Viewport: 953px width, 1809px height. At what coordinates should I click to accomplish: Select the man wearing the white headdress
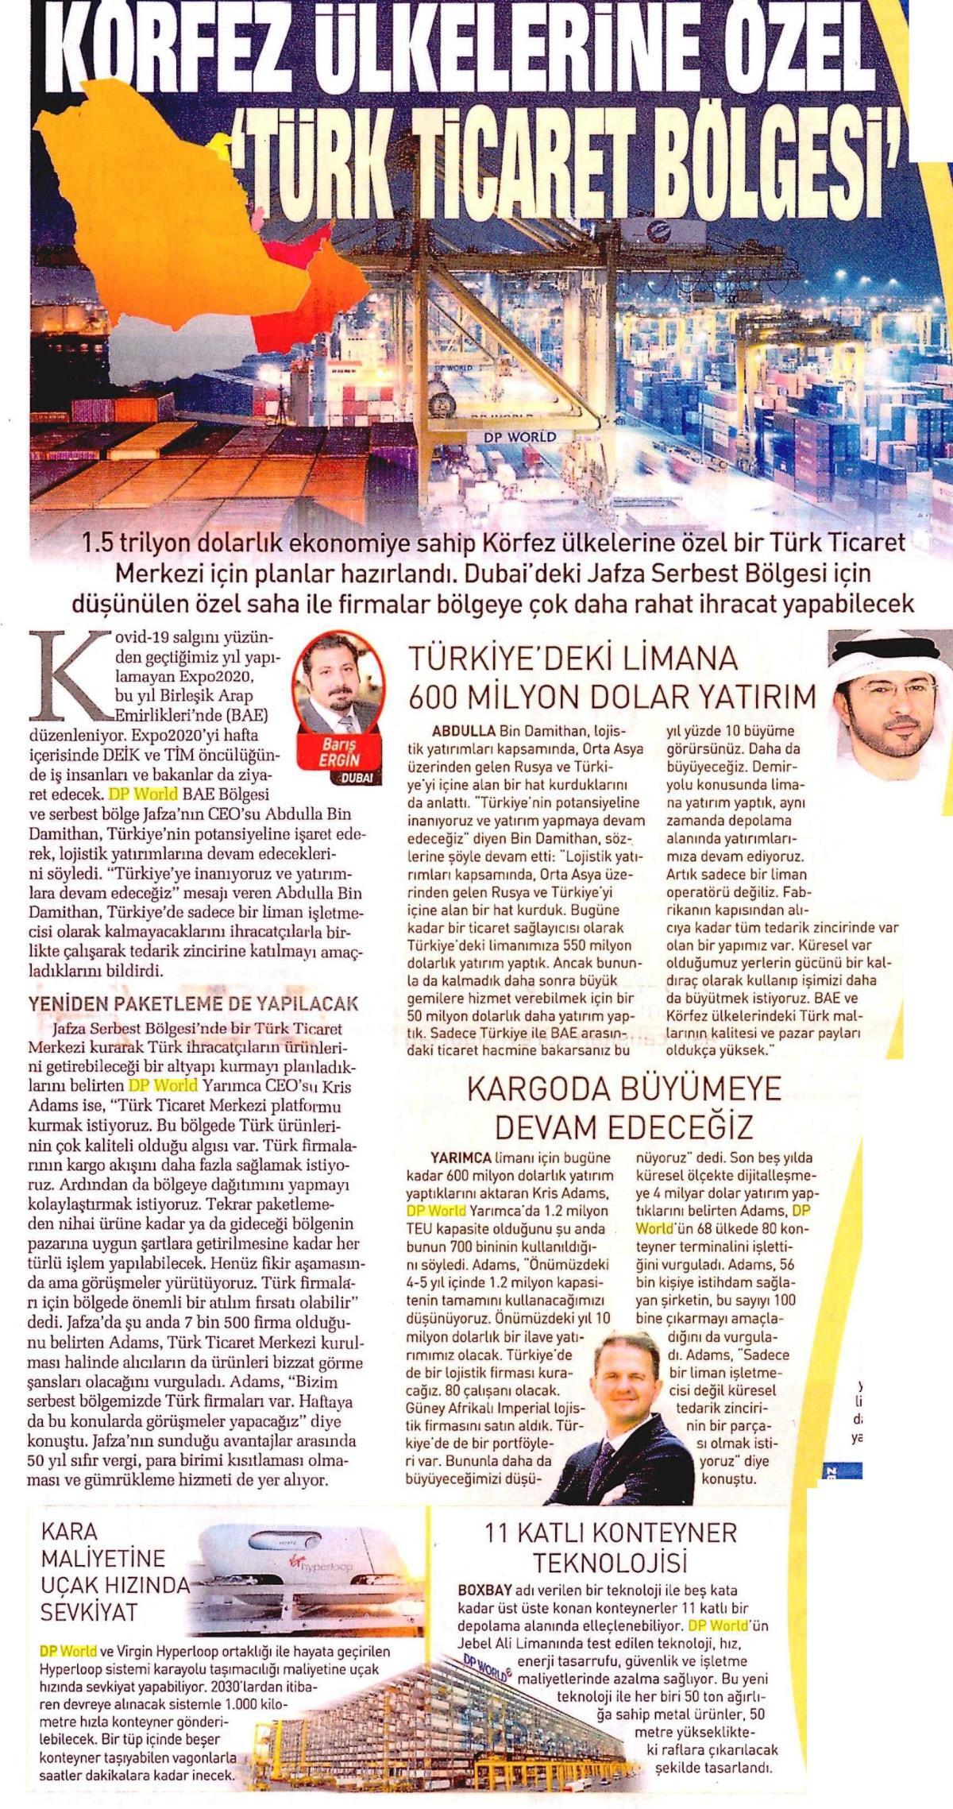click(890, 691)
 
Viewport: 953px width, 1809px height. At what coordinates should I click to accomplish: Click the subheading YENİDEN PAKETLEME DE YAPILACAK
click(194, 1003)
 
